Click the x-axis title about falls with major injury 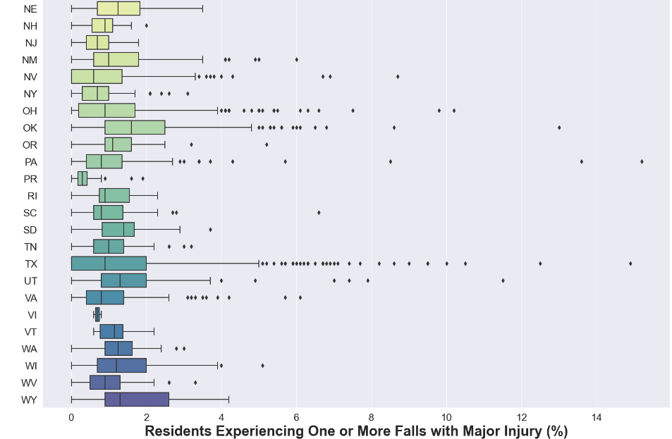click(356, 431)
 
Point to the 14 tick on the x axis click(597, 416)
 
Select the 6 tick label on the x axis click(296, 416)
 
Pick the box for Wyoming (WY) click(137, 400)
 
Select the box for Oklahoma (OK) click(135, 128)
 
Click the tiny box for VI click(97, 314)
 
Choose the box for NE click(118, 8)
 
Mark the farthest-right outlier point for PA click(642, 161)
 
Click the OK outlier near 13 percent click(559, 128)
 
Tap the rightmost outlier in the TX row click(630, 264)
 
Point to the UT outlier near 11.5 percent click(503, 280)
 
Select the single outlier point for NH click(147, 25)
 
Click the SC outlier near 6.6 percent click(319, 212)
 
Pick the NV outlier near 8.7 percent click(398, 76)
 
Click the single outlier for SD click(210, 230)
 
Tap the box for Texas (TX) click(109, 264)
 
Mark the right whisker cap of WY click(228, 400)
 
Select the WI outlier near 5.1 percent click(262, 366)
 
